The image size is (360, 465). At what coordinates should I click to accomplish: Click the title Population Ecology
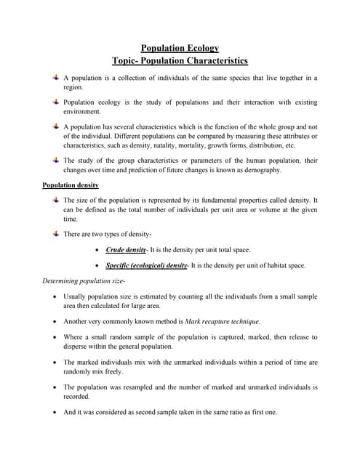[180, 48]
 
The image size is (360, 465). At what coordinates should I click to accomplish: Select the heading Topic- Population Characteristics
[180, 61]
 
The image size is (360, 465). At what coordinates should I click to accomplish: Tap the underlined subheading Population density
[71, 185]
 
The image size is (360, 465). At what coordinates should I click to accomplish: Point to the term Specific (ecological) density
[146, 266]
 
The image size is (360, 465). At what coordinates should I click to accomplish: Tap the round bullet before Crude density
[98, 250]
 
